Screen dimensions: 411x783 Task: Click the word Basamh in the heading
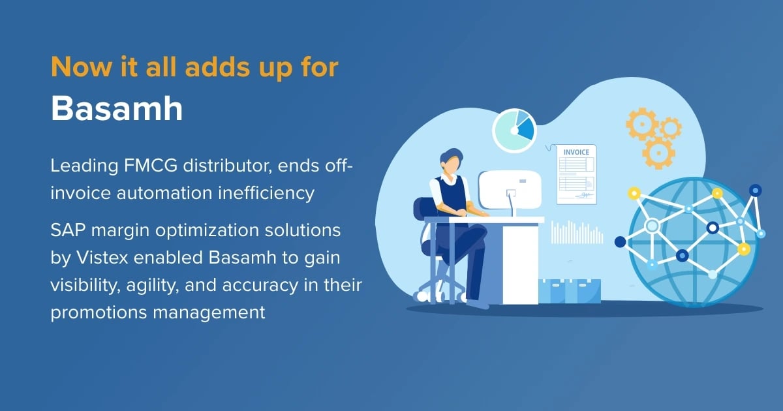117,109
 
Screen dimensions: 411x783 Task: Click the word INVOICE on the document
576,153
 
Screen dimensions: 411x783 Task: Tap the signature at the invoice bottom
586,194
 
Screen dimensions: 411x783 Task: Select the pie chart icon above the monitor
514,131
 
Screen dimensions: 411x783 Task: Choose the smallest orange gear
669,128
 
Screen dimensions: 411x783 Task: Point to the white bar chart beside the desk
577,233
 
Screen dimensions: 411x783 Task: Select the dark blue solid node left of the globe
620,242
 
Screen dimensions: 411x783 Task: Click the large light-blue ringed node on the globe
652,226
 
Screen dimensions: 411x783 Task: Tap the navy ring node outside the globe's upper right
755,190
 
